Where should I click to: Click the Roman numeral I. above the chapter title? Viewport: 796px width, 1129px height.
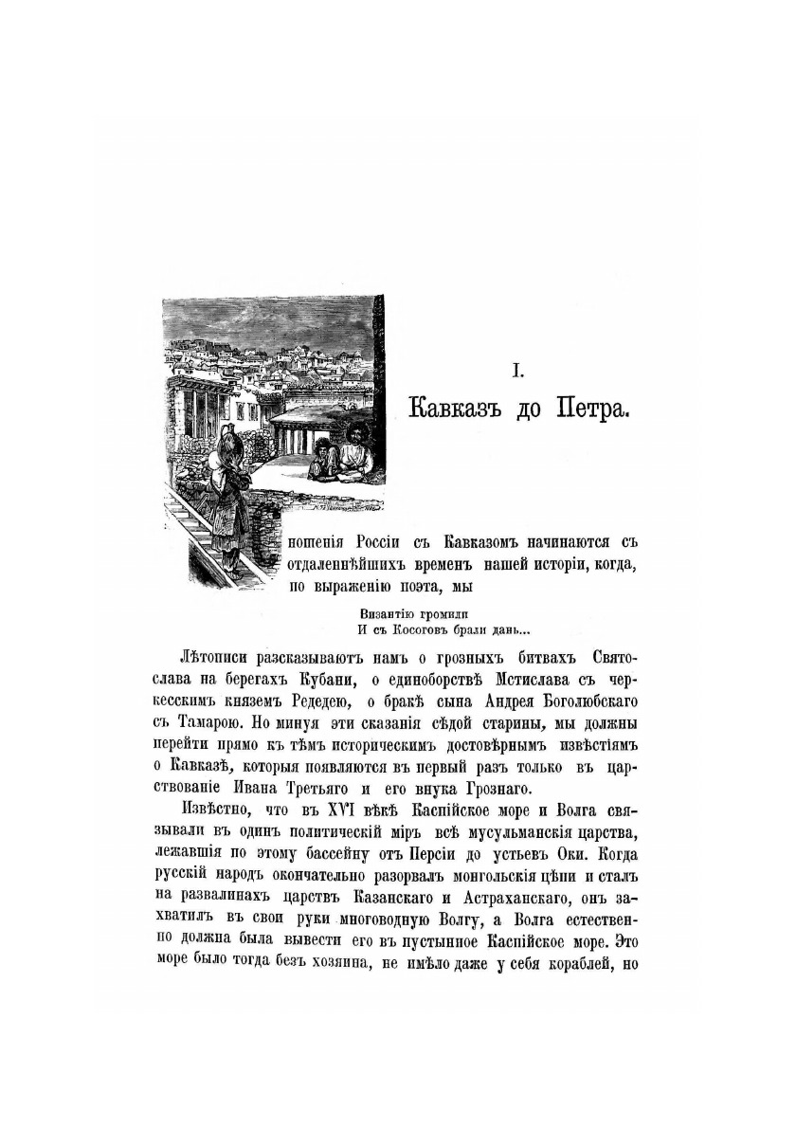coord(517,374)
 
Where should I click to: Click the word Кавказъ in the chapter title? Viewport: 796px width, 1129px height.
coord(455,410)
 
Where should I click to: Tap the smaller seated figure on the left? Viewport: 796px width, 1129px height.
coord(325,459)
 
